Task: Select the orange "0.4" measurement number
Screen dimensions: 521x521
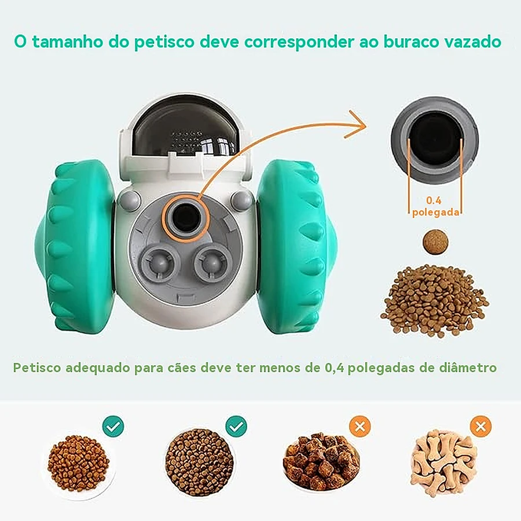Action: coord(434,200)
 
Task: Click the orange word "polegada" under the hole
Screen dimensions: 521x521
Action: coord(436,212)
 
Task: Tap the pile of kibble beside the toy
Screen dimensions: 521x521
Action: coord(435,300)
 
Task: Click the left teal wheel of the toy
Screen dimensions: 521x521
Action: coord(75,246)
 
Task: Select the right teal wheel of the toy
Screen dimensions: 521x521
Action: coord(297,246)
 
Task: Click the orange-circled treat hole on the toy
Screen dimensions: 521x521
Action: coord(185,218)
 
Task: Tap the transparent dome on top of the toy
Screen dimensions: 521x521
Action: coord(185,131)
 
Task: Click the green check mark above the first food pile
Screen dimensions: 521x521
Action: coord(113,426)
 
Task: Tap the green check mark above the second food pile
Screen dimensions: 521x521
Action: coord(236,426)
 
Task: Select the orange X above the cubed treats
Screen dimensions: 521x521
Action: coord(360,426)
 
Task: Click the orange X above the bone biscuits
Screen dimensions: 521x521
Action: coord(481,426)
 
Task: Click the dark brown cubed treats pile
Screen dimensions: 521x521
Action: coord(321,461)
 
